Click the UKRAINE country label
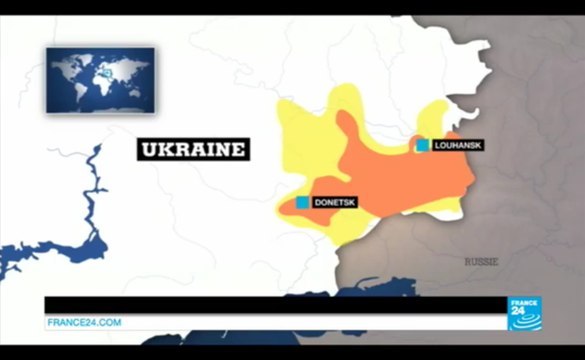point(193,150)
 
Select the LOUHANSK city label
point(458,146)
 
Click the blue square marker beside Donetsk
point(302,202)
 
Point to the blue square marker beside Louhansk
point(423,145)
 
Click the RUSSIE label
point(480,262)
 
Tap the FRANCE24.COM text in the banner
point(84,322)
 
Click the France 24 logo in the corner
point(530,314)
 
